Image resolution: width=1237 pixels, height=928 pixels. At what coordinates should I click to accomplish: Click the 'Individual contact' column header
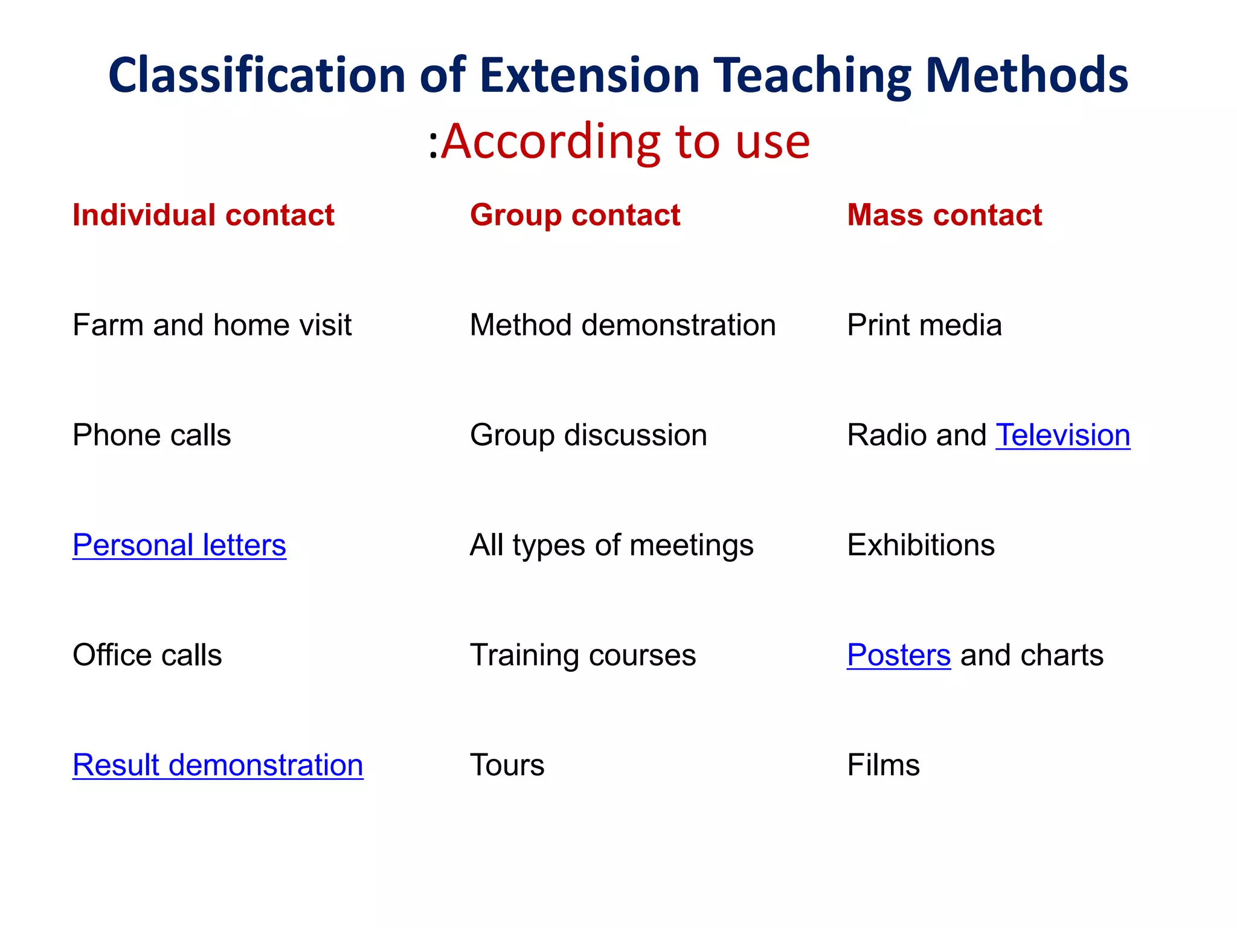tap(203, 215)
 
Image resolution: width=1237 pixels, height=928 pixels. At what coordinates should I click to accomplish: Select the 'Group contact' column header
tap(575, 215)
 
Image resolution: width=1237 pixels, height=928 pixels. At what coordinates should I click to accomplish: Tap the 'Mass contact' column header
tap(944, 215)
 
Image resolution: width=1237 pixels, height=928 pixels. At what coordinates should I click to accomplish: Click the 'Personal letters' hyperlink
tap(179, 545)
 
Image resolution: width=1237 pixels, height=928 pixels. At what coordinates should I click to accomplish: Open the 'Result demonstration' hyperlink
tap(217, 765)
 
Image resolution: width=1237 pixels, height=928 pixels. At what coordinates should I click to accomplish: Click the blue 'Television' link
tap(1062, 435)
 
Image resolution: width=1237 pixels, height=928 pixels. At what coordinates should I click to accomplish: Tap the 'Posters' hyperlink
tap(898, 655)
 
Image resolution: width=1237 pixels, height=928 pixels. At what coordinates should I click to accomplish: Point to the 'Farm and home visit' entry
tap(211, 325)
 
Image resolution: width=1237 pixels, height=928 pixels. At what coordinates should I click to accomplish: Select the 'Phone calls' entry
tap(151, 435)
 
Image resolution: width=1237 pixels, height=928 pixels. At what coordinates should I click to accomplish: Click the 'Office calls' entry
tap(147, 655)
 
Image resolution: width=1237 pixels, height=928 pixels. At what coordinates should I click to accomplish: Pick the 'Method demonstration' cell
tap(622, 325)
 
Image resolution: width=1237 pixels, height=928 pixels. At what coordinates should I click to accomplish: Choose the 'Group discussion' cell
tap(588, 435)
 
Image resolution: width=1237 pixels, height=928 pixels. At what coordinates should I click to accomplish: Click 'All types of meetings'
tap(611, 545)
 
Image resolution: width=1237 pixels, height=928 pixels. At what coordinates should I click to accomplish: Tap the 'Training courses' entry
tap(582, 655)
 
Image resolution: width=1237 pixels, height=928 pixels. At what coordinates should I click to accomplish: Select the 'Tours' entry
tap(507, 765)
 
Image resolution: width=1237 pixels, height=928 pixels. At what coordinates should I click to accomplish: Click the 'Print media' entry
tap(924, 325)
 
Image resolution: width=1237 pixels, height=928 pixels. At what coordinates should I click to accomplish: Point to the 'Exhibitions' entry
tap(921, 545)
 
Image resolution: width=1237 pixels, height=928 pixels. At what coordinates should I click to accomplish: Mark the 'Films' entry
tap(883, 765)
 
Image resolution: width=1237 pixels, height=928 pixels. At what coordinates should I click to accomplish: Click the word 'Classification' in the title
tap(257, 76)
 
